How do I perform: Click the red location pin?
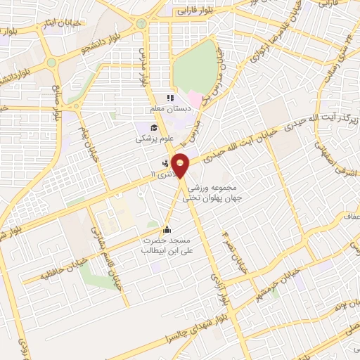[x=181, y=165]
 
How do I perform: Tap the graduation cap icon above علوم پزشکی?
[x=155, y=127]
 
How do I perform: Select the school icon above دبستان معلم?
[x=169, y=98]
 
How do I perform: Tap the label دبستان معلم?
[x=167, y=110]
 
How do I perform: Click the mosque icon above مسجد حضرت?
[x=167, y=229]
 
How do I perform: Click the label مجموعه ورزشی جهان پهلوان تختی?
[x=208, y=194]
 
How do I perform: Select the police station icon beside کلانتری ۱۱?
[x=155, y=171]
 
